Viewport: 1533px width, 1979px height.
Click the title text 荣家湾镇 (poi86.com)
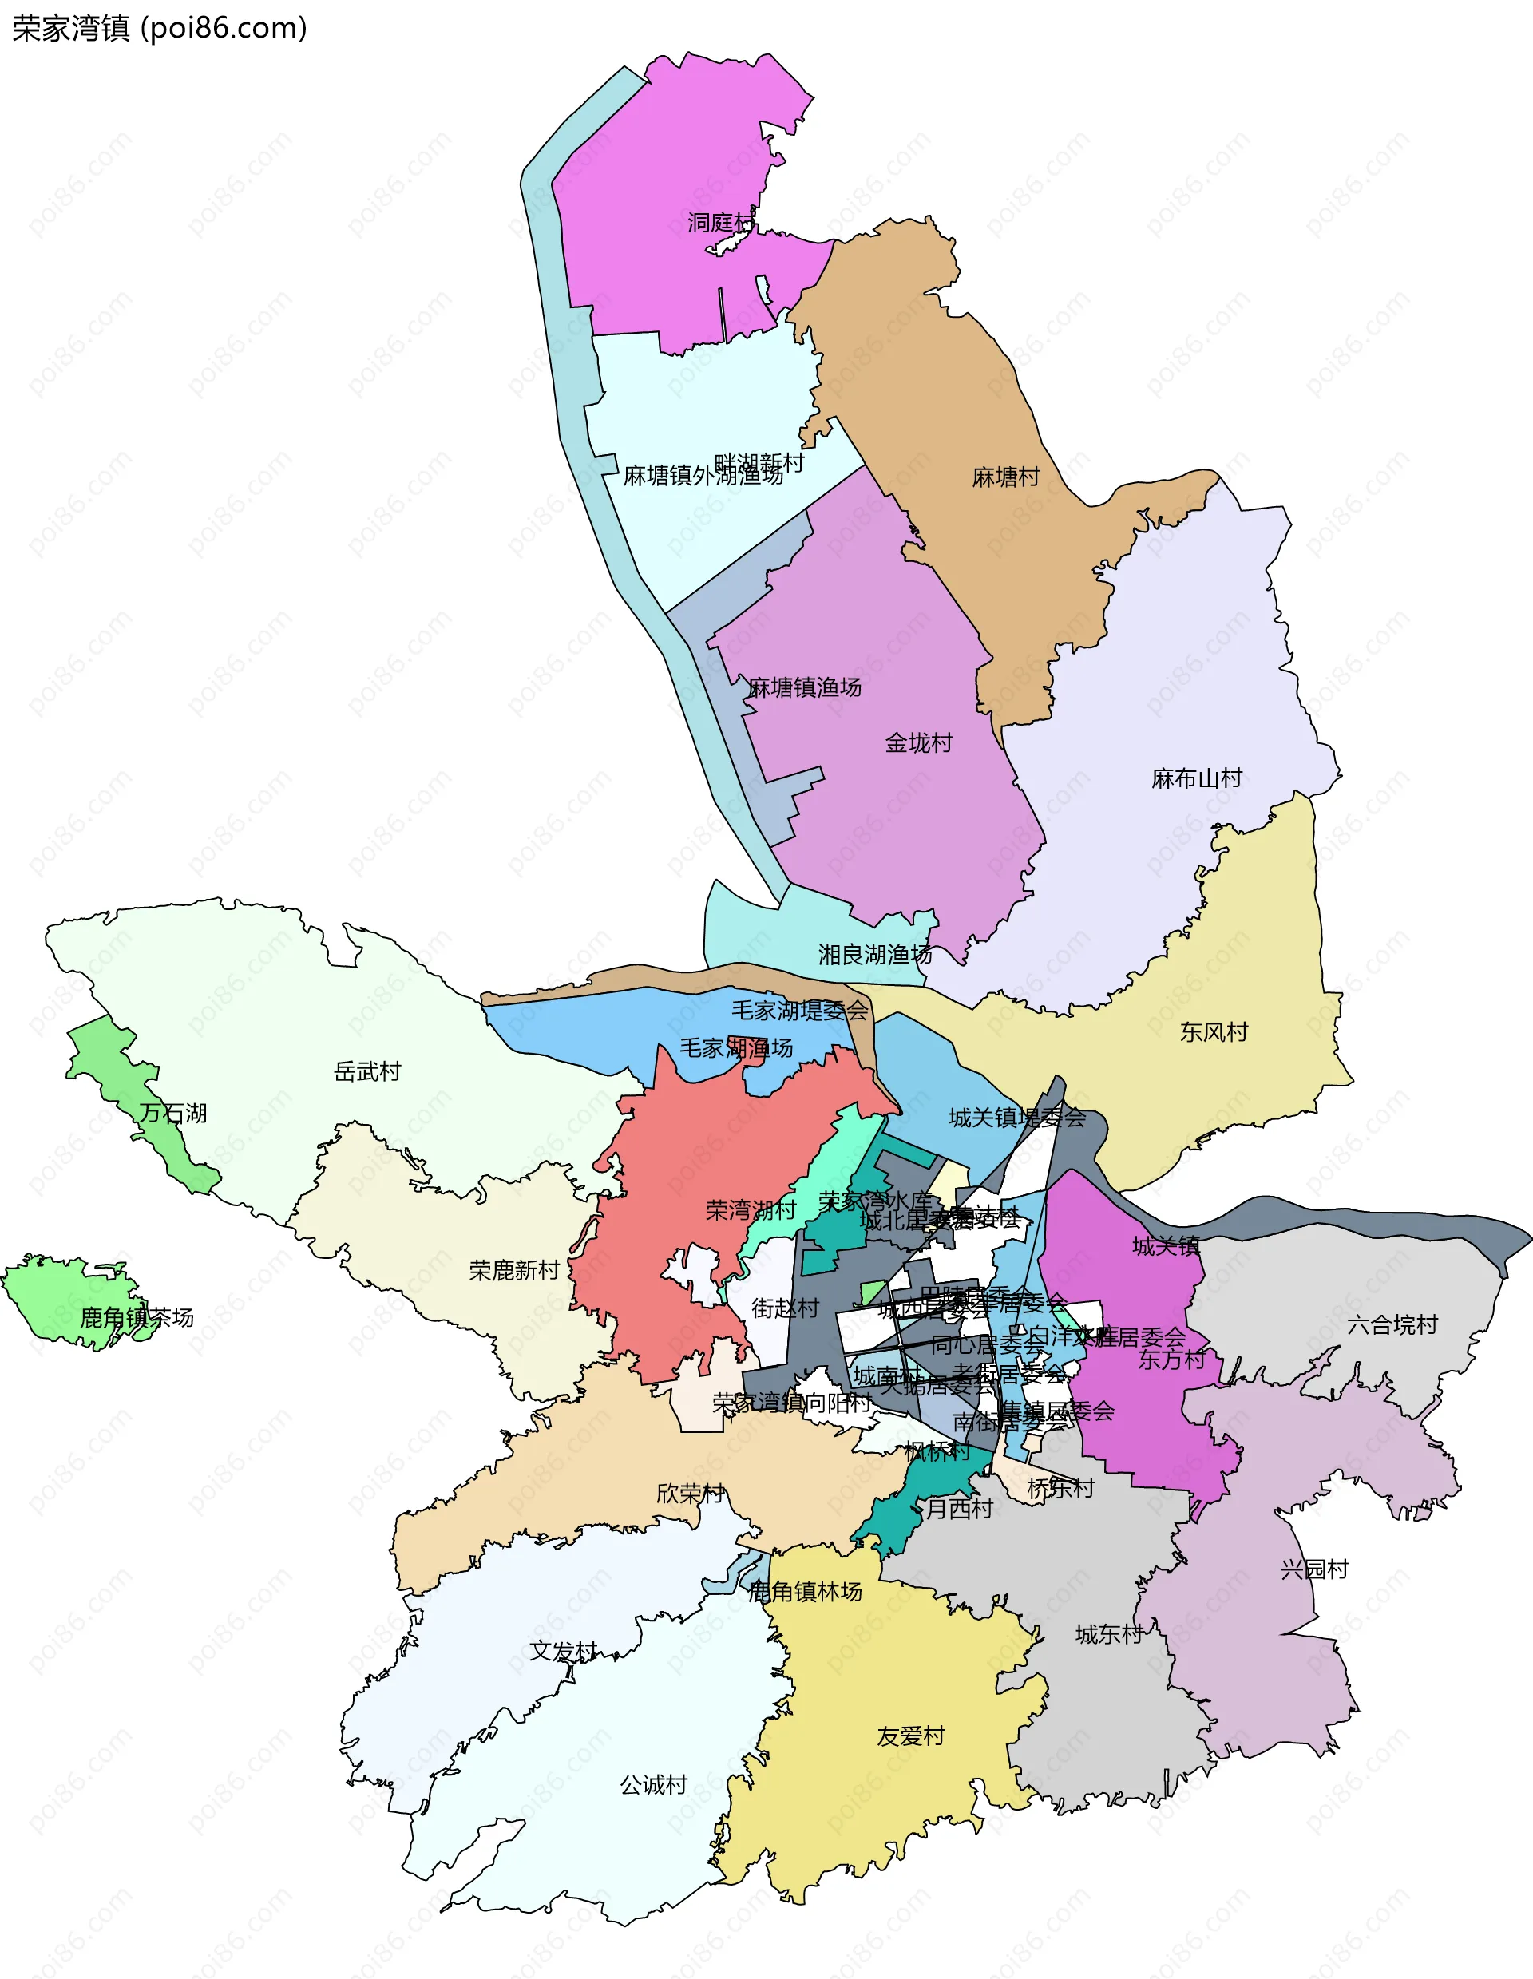click(160, 29)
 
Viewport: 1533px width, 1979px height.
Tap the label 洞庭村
click(720, 222)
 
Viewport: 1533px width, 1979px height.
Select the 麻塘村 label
click(1006, 477)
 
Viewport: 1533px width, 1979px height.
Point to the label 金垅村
click(919, 743)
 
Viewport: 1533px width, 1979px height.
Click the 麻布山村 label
click(1196, 778)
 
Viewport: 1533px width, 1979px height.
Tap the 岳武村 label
click(367, 1072)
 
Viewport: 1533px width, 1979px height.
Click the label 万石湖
click(173, 1114)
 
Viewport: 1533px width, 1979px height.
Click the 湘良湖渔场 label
click(874, 954)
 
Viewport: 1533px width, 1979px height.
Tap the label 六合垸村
click(1392, 1324)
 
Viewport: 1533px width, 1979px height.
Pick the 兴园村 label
click(1313, 1569)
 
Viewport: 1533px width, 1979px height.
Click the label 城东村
click(1109, 1635)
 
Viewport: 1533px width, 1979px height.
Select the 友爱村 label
click(910, 1736)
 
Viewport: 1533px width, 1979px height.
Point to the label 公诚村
click(653, 1785)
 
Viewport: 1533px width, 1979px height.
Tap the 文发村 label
click(564, 1651)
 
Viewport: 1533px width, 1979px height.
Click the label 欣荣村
click(691, 1494)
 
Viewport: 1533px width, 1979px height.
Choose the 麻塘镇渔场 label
click(805, 688)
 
